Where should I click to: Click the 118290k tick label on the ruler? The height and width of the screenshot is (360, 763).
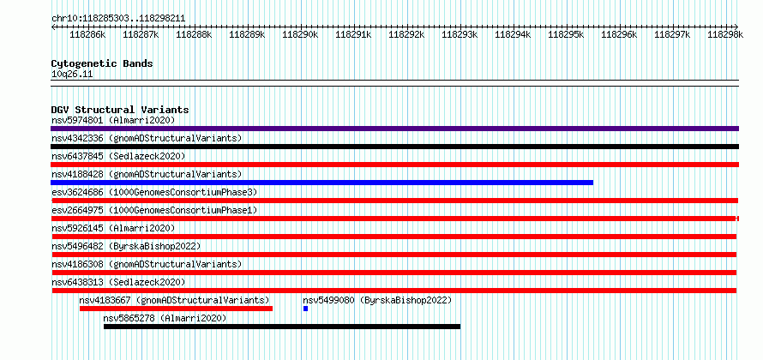[x=300, y=35]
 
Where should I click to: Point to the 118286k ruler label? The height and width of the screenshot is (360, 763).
[x=87, y=35]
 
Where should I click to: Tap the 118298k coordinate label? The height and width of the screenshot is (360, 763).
[x=724, y=35]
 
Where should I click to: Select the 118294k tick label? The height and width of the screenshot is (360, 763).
[x=513, y=35]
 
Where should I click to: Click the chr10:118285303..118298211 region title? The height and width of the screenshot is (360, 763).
[x=117, y=18]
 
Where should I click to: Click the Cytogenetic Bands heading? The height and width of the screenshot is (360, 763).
[x=102, y=63]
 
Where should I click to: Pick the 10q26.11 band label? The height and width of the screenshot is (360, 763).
[x=72, y=75]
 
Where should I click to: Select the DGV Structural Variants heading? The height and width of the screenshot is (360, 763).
[x=120, y=110]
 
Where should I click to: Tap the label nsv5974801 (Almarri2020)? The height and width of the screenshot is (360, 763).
[x=113, y=120]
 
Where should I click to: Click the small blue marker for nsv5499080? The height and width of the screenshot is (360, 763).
[x=305, y=309]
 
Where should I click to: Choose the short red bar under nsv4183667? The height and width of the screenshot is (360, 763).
[x=176, y=309]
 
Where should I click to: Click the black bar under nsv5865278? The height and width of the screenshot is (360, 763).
[x=281, y=327]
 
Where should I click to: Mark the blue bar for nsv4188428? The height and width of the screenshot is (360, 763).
[x=321, y=183]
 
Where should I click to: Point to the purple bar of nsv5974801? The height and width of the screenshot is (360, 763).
[x=394, y=129]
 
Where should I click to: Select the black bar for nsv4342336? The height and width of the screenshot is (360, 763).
[x=394, y=147]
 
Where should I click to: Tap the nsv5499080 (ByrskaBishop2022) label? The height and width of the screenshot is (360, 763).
[x=377, y=300]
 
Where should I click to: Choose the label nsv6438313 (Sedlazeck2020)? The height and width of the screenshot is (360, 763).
[x=117, y=282]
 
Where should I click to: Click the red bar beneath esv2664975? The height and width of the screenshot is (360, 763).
[x=394, y=219]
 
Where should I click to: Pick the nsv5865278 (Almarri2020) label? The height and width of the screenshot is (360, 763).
[x=165, y=318]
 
